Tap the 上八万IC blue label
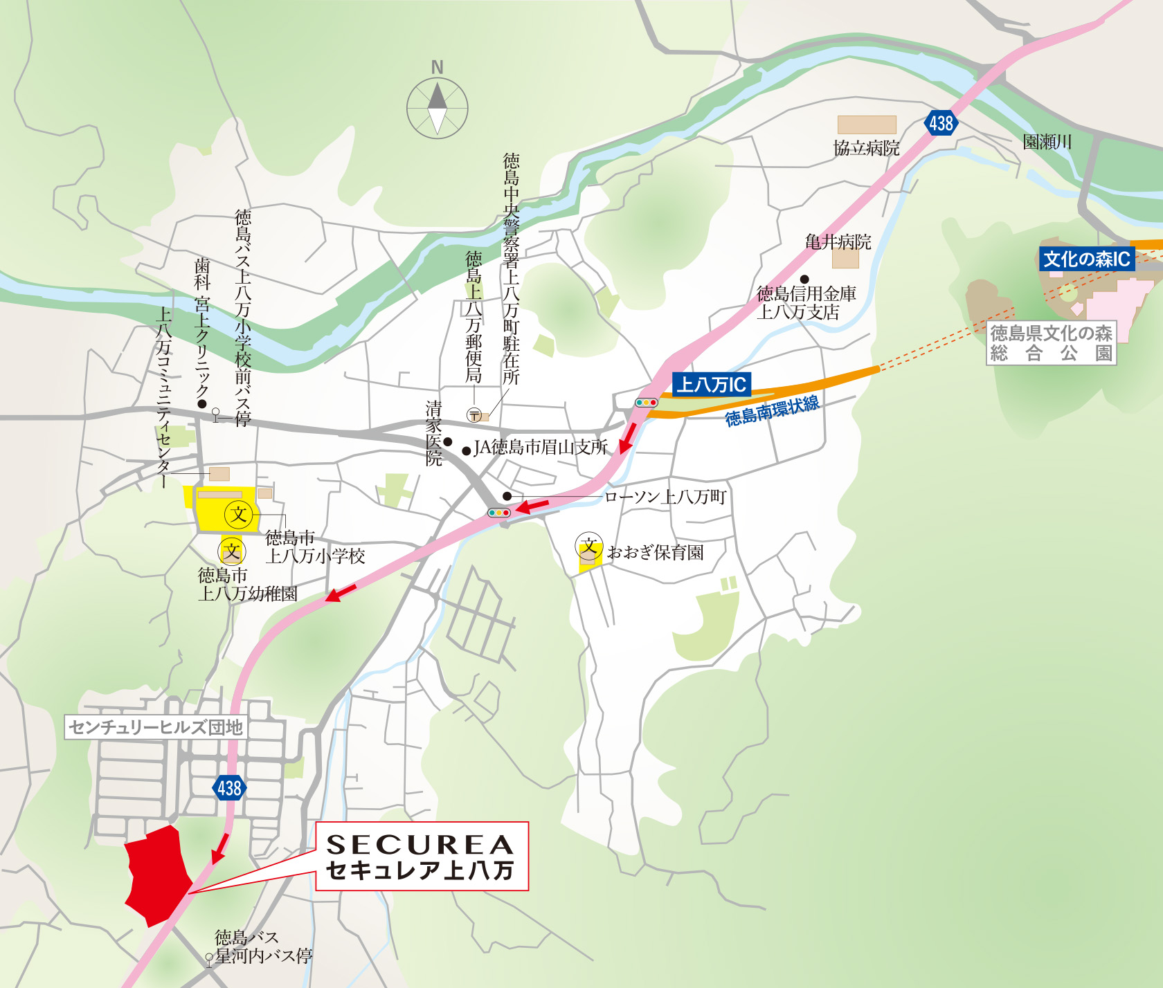pyautogui.click(x=711, y=385)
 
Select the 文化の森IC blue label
pyautogui.click(x=1086, y=259)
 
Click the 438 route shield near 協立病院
pyautogui.click(x=941, y=124)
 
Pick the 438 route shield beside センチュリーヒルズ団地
pyautogui.click(x=229, y=787)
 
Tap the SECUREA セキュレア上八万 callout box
pyautogui.click(x=422, y=857)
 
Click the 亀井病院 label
pyautogui.click(x=838, y=242)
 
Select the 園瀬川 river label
pyautogui.click(x=1047, y=143)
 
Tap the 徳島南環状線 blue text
pyautogui.click(x=772, y=411)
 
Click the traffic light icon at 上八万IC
pyautogui.click(x=647, y=403)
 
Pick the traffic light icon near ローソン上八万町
pyautogui.click(x=498, y=513)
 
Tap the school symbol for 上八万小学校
pyautogui.click(x=239, y=515)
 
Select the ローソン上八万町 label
pyautogui.click(x=665, y=497)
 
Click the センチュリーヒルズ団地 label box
pyautogui.click(x=156, y=727)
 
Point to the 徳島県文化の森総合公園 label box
pyautogui.click(x=1051, y=343)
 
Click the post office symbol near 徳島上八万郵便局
pyautogui.click(x=474, y=415)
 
